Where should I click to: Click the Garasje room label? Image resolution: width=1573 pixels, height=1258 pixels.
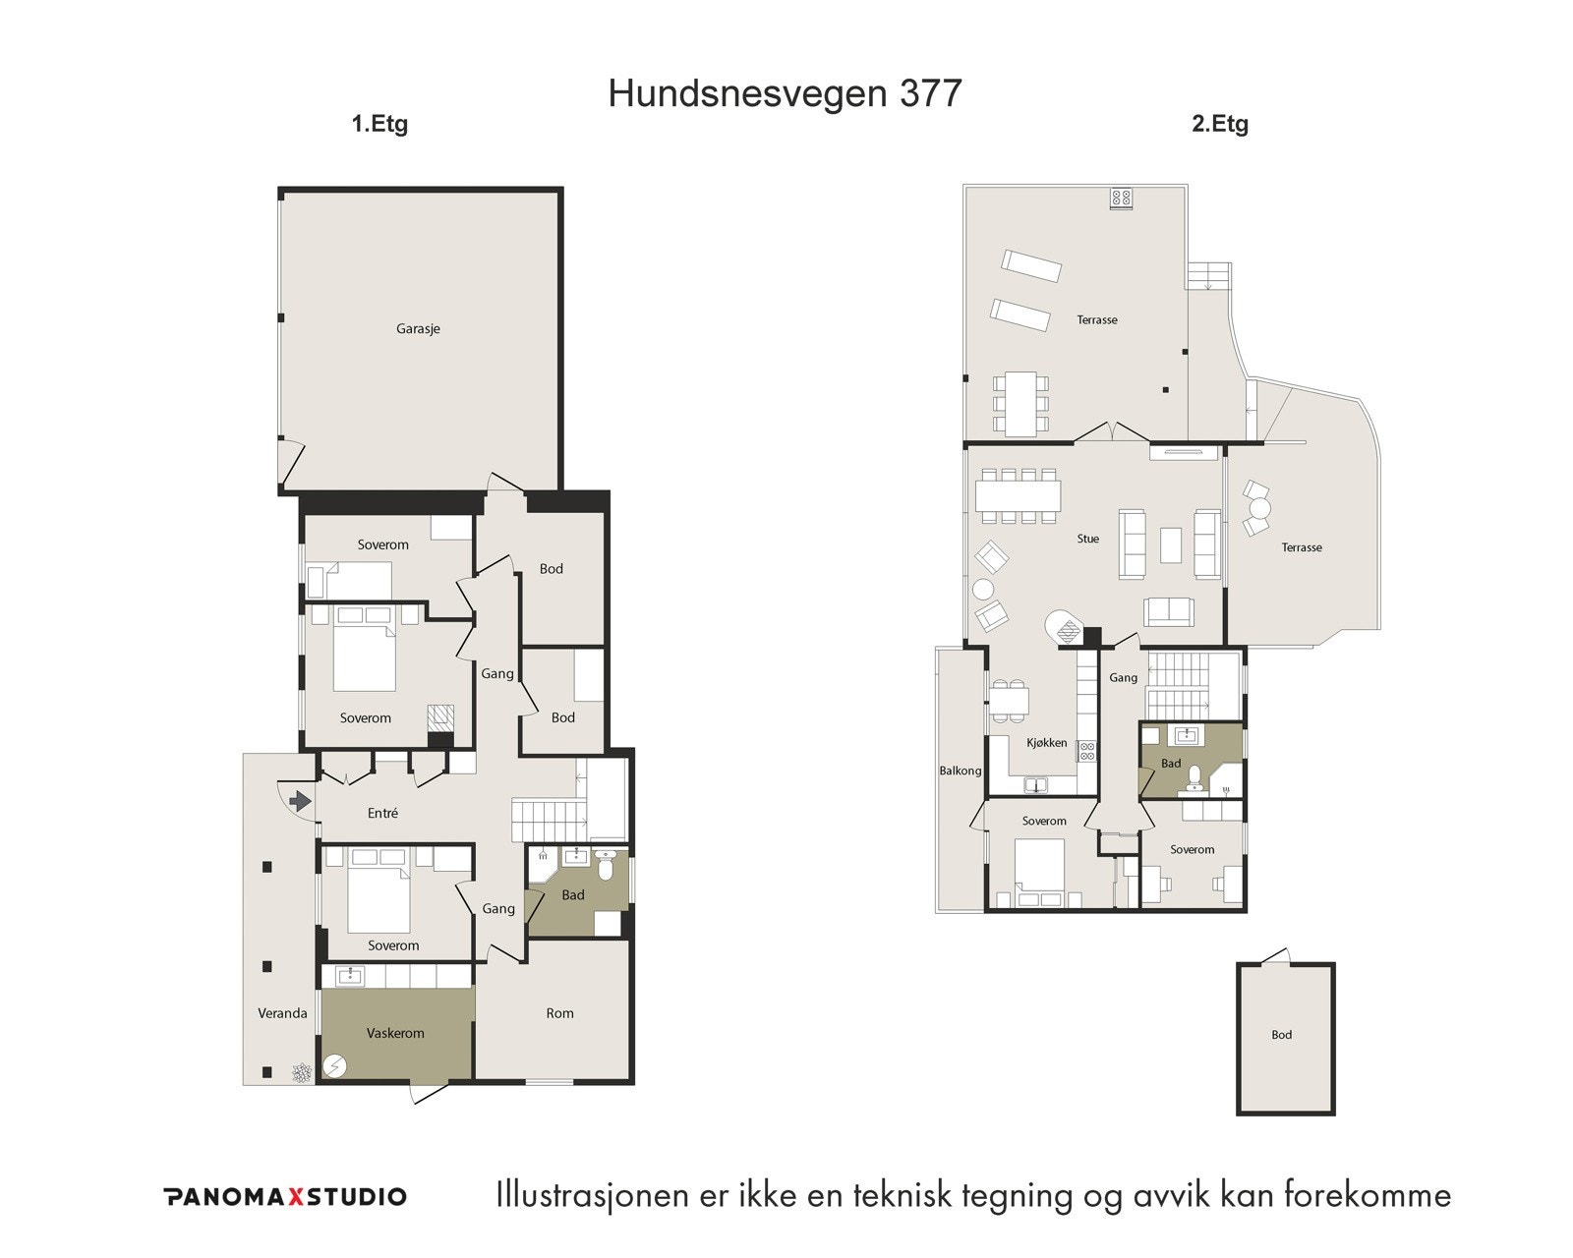[x=418, y=329]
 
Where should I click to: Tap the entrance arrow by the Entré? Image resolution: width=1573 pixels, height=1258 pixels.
[x=300, y=802]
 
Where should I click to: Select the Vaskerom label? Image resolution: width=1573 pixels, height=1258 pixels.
[x=395, y=1033]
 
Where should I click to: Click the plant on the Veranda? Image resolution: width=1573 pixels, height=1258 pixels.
[x=301, y=1072]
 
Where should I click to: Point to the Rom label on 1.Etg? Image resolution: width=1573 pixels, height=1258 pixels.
[x=559, y=1013]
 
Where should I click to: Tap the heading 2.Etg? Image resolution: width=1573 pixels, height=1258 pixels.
[x=1220, y=125]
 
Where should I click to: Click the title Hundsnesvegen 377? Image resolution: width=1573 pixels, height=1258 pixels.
[x=785, y=93]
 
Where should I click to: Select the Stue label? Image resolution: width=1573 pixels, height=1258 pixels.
[x=1087, y=539]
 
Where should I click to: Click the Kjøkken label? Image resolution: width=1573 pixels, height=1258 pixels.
[x=1046, y=743]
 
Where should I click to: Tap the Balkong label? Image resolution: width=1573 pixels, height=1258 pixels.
[x=960, y=771]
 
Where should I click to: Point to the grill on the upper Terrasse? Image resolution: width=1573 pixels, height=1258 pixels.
[x=1122, y=198]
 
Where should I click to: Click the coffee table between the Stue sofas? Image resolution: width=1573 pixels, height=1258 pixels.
[x=1170, y=544]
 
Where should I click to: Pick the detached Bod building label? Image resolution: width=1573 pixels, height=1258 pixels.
[x=1281, y=1035]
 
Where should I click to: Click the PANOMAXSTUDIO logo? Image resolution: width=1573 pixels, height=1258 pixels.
[x=285, y=1197]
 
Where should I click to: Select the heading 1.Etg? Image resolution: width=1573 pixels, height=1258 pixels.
[x=379, y=125]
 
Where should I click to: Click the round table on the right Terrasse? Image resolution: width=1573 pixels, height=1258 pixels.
[x=1260, y=509]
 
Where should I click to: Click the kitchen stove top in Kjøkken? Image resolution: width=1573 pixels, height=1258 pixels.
[x=1087, y=752]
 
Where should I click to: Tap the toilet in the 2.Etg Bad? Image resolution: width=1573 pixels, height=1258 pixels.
[x=1194, y=778]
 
